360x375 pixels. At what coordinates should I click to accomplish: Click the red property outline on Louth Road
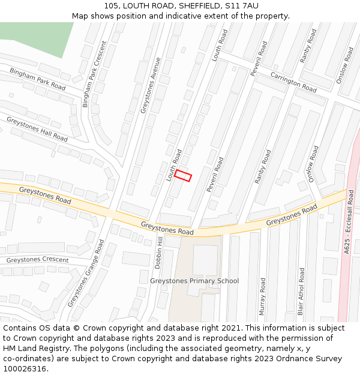click(183, 175)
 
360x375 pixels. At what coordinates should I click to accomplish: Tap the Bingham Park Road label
click(37, 79)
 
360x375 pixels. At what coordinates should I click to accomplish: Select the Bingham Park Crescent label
click(94, 74)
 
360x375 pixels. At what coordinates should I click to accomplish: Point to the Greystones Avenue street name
click(151, 85)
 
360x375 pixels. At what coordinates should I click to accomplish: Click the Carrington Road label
click(293, 82)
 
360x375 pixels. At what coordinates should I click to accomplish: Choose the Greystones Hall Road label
click(37, 128)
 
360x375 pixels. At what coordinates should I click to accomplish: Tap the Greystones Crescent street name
click(37, 260)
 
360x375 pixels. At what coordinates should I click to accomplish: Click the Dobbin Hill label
click(158, 251)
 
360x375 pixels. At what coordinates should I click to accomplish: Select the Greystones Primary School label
click(194, 281)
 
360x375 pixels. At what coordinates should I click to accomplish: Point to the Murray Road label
click(262, 296)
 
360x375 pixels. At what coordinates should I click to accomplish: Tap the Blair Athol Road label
click(301, 291)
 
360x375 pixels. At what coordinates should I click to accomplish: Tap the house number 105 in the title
click(111, 5)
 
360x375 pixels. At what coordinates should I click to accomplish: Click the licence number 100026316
click(25, 369)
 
